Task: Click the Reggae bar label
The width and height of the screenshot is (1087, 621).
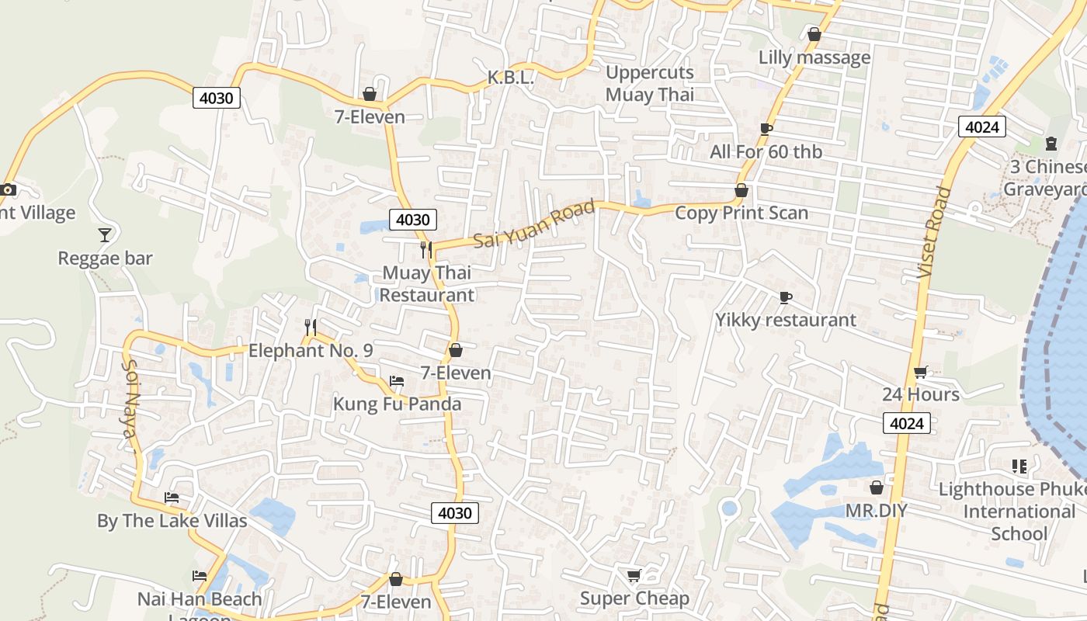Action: pyautogui.click(x=106, y=258)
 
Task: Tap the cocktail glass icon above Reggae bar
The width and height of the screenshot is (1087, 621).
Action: pyautogui.click(x=105, y=234)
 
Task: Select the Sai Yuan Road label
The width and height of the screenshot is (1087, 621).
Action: pyautogui.click(x=534, y=224)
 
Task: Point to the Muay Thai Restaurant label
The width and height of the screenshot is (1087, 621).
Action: pyautogui.click(x=426, y=284)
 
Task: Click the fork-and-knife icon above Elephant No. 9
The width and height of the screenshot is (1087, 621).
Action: pyautogui.click(x=311, y=327)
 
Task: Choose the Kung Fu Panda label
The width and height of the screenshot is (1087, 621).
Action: pyautogui.click(x=397, y=404)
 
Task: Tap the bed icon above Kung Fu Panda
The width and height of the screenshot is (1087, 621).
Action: pyautogui.click(x=397, y=381)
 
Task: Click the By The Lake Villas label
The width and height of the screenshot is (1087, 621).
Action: pyautogui.click(x=172, y=521)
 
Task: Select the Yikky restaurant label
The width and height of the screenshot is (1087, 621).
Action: pyautogui.click(x=786, y=320)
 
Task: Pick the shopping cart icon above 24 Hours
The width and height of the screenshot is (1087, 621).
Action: pyautogui.click(x=920, y=372)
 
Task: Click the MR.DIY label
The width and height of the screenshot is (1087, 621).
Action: pyautogui.click(x=877, y=511)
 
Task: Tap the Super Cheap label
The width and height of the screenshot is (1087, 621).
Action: pyautogui.click(x=634, y=598)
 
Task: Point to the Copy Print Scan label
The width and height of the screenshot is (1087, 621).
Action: pyautogui.click(x=741, y=213)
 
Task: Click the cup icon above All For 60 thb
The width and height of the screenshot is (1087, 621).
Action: pyautogui.click(x=766, y=129)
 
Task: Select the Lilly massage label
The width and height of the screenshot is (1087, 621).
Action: pyautogui.click(x=814, y=57)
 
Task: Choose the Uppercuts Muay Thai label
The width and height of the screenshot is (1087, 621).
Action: pyautogui.click(x=650, y=84)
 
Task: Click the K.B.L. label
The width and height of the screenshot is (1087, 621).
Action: pyautogui.click(x=510, y=78)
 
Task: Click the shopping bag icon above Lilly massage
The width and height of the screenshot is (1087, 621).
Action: pyautogui.click(x=814, y=34)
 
